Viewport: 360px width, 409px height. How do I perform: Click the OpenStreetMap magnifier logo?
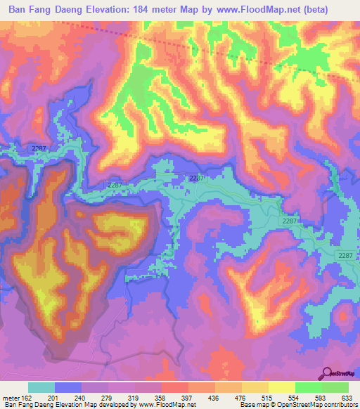327,372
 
